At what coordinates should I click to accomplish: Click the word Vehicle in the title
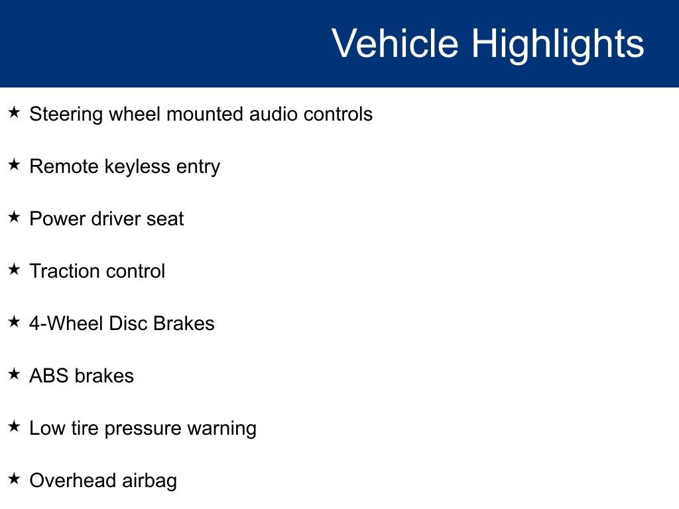pyautogui.click(x=395, y=44)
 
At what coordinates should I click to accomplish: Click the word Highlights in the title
pyautogui.click(x=558, y=44)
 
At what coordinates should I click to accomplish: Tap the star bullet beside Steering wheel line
pyautogui.click(x=14, y=113)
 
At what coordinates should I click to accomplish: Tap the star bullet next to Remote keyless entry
pyautogui.click(x=14, y=165)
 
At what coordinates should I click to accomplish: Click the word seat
pyautogui.click(x=165, y=219)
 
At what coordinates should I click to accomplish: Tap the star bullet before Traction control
pyautogui.click(x=14, y=270)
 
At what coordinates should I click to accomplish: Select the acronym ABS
pyautogui.click(x=49, y=376)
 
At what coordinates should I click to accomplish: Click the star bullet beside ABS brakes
pyautogui.click(x=14, y=374)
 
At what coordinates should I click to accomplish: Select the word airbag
pyautogui.click(x=149, y=481)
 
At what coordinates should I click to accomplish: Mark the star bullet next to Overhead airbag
pyautogui.click(x=14, y=479)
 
